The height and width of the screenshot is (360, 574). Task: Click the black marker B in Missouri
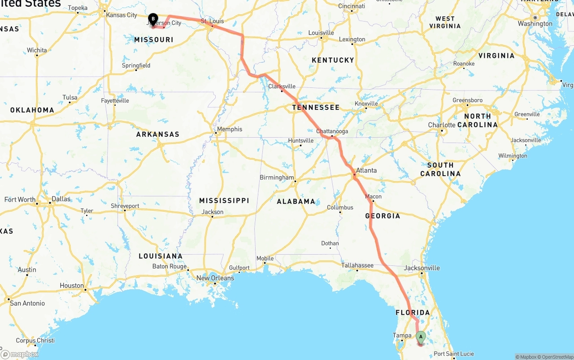point(153,19)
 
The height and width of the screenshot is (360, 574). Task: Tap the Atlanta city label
point(366,170)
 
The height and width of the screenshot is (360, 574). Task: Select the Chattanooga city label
point(332,131)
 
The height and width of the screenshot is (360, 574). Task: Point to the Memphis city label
point(229,129)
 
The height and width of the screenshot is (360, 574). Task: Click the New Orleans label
point(215,278)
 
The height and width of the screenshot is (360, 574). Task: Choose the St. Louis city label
point(212,21)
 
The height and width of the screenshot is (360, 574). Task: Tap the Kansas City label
point(122,15)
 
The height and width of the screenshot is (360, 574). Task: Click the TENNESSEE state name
point(316,108)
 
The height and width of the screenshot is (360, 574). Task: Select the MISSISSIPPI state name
point(224,200)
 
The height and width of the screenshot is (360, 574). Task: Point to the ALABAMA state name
point(296,201)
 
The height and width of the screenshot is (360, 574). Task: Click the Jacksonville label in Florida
point(422,268)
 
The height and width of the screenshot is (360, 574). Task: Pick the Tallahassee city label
point(357,265)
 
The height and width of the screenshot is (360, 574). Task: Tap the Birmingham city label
point(277,178)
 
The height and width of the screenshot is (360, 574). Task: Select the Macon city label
point(373,196)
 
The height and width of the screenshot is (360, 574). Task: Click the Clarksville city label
point(282,86)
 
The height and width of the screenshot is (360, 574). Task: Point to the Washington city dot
point(535,17)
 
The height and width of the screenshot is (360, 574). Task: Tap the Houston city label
point(72,286)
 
